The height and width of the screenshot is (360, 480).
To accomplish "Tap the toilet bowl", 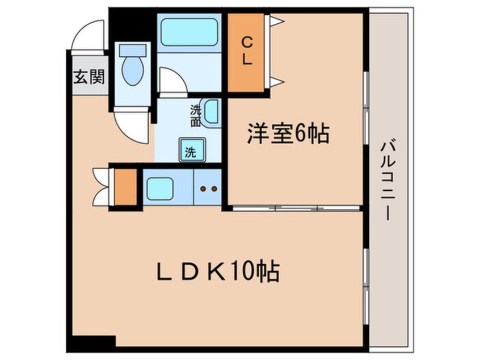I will (133, 71).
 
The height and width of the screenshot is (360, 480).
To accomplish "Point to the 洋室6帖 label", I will (287, 135).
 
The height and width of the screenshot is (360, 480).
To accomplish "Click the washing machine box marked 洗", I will (190, 151).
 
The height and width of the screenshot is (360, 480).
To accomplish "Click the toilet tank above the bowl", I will (133, 49).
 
